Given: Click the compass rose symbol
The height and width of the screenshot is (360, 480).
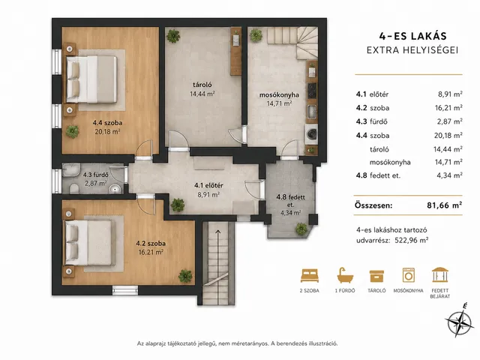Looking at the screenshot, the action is pyautogui.click(x=458, y=321).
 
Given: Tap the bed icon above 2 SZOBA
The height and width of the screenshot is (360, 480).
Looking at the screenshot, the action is pyautogui.click(x=310, y=275).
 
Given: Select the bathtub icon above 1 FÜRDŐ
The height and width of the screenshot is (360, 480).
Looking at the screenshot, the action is pyautogui.click(x=345, y=275).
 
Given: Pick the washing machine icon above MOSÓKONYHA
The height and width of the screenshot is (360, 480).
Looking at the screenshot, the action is pyautogui.click(x=408, y=275).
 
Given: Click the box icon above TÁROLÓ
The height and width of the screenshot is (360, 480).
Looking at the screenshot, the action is pyautogui.click(x=376, y=276).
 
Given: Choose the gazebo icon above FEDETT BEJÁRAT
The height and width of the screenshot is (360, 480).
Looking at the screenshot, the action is pyautogui.click(x=440, y=275).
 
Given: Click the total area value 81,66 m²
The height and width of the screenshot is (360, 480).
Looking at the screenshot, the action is pyautogui.click(x=445, y=205).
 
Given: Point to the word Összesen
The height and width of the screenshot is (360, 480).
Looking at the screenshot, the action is pyautogui.click(x=373, y=205).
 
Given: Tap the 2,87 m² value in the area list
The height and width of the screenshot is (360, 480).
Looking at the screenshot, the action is pyautogui.click(x=449, y=121).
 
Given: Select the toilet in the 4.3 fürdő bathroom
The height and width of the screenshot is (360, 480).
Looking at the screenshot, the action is pyautogui.click(x=74, y=188).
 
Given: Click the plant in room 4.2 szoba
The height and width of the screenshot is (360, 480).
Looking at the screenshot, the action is pyautogui.click(x=185, y=276).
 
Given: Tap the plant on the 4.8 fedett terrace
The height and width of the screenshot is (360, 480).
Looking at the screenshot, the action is pyautogui.click(x=301, y=229).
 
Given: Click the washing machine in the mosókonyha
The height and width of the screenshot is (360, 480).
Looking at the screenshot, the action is pyautogui.click(x=312, y=133).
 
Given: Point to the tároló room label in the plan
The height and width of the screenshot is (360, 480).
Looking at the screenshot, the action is pyautogui.click(x=202, y=85).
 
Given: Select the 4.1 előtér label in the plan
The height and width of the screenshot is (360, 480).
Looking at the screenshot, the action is pyautogui.click(x=208, y=185).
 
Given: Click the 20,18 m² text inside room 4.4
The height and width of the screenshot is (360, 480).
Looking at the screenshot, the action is pyautogui.click(x=107, y=132).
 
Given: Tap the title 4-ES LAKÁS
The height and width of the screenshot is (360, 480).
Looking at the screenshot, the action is pyautogui.click(x=413, y=36).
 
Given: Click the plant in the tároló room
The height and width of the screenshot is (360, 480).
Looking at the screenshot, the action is pyautogui.click(x=173, y=36).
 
